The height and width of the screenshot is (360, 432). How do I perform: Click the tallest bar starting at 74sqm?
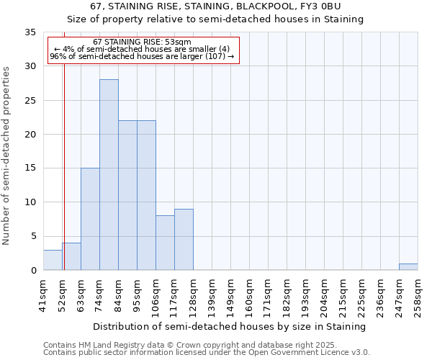(109, 175)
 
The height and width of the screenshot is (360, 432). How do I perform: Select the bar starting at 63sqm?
(90, 219)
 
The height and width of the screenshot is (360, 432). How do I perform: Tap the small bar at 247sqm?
(408, 266)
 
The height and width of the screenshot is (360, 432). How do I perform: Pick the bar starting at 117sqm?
(184, 240)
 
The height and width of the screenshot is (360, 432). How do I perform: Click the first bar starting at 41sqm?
(53, 260)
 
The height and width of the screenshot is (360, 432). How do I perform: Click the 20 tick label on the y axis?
(31, 135)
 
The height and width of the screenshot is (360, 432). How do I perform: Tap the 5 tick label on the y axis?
(33, 237)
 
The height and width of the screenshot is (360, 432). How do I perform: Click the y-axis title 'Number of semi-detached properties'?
(8, 156)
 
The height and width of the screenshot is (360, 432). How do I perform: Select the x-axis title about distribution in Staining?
(230, 326)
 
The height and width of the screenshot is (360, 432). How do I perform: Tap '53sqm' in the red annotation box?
(175, 42)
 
